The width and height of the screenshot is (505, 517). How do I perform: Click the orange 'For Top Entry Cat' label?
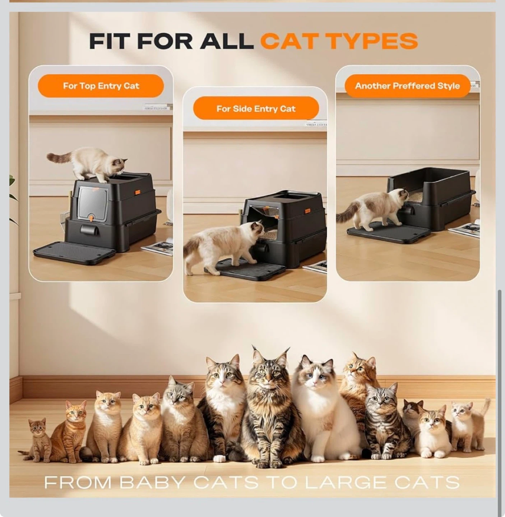101,86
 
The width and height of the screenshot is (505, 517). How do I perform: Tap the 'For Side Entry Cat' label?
256,108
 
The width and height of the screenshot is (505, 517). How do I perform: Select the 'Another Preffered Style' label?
407,86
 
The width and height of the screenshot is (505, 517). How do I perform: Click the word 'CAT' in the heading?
289,41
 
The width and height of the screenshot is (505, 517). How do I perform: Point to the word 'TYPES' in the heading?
372,41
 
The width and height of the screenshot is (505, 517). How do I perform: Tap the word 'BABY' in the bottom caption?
152,482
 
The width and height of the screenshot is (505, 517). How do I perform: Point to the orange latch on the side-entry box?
307,211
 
